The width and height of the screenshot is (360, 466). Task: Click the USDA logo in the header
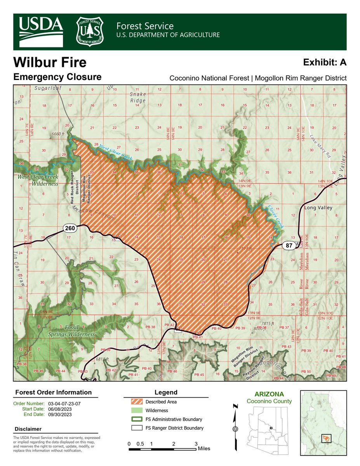point(40,31)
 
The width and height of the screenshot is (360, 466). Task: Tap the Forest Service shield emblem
point(90,31)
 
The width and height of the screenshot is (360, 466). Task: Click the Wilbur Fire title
point(50,62)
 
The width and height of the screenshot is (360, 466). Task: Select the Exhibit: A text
point(325,62)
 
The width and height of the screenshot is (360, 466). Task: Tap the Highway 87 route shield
point(289,245)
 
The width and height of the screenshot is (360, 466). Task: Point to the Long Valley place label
point(318,208)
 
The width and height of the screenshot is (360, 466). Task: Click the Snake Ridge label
point(138,97)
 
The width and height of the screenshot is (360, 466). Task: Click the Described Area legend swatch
point(132,402)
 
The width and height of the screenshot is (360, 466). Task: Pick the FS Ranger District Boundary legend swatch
point(132,428)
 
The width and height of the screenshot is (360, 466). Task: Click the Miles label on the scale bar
point(204,449)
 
